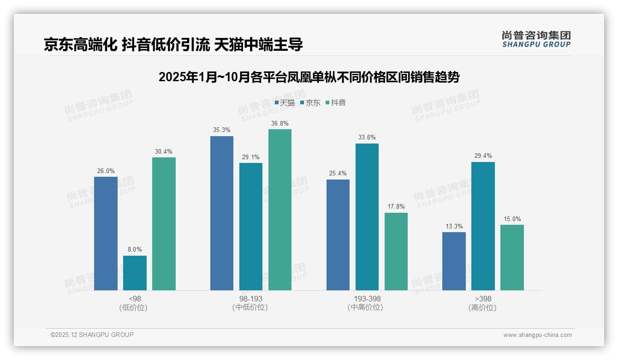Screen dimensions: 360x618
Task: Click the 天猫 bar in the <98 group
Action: click(x=106, y=234)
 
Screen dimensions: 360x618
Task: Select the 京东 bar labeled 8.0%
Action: click(x=135, y=273)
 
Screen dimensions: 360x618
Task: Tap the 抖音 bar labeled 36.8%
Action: click(x=280, y=210)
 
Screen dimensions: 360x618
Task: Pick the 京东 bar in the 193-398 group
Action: click(x=367, y=217)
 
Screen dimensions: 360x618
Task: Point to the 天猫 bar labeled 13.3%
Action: click(x=454, y=261)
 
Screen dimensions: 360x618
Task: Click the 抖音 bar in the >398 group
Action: click(x=512, y=258)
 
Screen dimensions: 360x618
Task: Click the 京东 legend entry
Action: click(x=310, y=102)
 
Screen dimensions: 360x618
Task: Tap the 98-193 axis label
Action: click(x=250, y=299)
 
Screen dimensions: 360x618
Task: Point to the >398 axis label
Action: click(x=482, y=299)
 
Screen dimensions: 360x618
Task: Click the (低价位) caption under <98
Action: click(x=133, y=307)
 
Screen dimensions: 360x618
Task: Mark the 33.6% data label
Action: click(x=367, y=137)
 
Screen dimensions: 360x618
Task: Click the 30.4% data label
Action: click(x=164, y=151)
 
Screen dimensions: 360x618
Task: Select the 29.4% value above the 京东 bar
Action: click(x=483, y=156)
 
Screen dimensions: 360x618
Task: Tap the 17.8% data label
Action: click(x=396, y=206)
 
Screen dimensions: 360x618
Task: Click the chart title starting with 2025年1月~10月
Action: click(x=309, y=77)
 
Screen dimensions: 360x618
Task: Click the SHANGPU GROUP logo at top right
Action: click(x=536, y=39)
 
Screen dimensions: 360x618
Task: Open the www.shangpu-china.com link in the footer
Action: click(x=537, y=335)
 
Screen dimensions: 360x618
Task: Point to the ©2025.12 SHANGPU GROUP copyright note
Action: click(x=92, y=335)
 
